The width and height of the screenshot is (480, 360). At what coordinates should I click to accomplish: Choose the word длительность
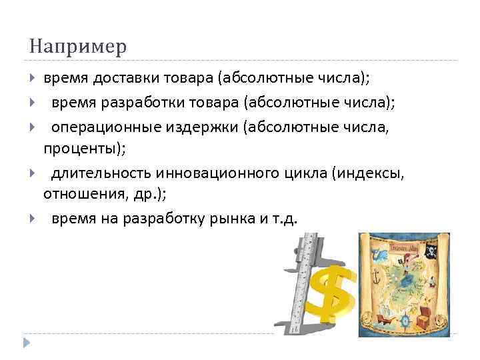click(x=101, y=174)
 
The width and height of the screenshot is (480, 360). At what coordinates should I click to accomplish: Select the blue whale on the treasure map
click(x=381, y=254)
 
